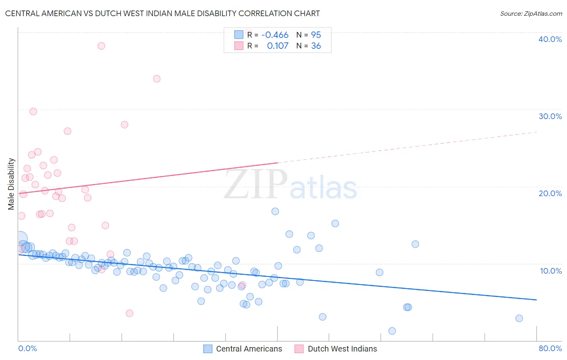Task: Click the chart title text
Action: (163, 13)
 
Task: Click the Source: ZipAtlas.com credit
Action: (531, 13)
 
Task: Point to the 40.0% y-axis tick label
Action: (550, 39)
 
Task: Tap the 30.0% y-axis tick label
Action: (550, 116)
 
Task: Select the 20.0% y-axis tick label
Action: (550, 193)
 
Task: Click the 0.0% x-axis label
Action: (27, 348)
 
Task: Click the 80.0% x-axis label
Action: (550, 348)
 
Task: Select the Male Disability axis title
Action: (11, 184)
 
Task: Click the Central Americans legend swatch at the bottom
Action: (208, 349)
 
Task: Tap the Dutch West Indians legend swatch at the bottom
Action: (299, 349)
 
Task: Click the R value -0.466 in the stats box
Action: (275, 35)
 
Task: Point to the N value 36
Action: (316, 46)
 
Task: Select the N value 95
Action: (316, 35)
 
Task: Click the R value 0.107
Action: (277, 46)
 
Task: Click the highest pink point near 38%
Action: (101, 46)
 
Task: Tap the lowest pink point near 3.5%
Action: (129, 313)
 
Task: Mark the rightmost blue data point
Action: (519, 318)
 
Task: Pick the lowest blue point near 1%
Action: (392, 331)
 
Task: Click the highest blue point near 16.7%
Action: (275, 211)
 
